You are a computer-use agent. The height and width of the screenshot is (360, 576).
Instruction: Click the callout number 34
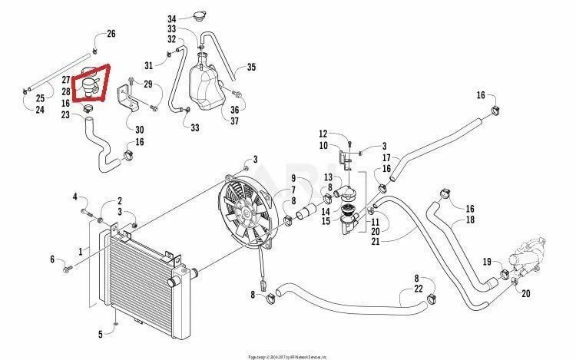pyautogui.click(x=172, y=18)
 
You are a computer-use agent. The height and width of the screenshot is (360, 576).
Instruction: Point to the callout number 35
pyautogui.click(x=250, y=68)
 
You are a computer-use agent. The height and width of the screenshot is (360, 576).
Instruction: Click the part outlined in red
pyautogui.click(x=93, y=84)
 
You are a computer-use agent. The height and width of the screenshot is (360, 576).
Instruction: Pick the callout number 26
pyautogui.click(x=111, y=34)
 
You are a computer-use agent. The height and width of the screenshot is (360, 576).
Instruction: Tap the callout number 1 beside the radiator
pyautogui.click(x=79, y=251)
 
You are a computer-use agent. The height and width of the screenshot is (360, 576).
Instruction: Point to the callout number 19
pyautogui.click(x=486, y=262)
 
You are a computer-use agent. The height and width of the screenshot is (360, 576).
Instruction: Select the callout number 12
pyautogui.click(x=323, y=134)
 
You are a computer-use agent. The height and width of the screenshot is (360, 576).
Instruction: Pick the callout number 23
pyautogui.click(x=67, y=115)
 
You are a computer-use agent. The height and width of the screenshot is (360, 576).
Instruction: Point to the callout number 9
pyautogui.click(x=293, y=178)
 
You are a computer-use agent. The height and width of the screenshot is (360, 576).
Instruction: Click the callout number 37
pyautogui.click(x=235, y=121)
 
